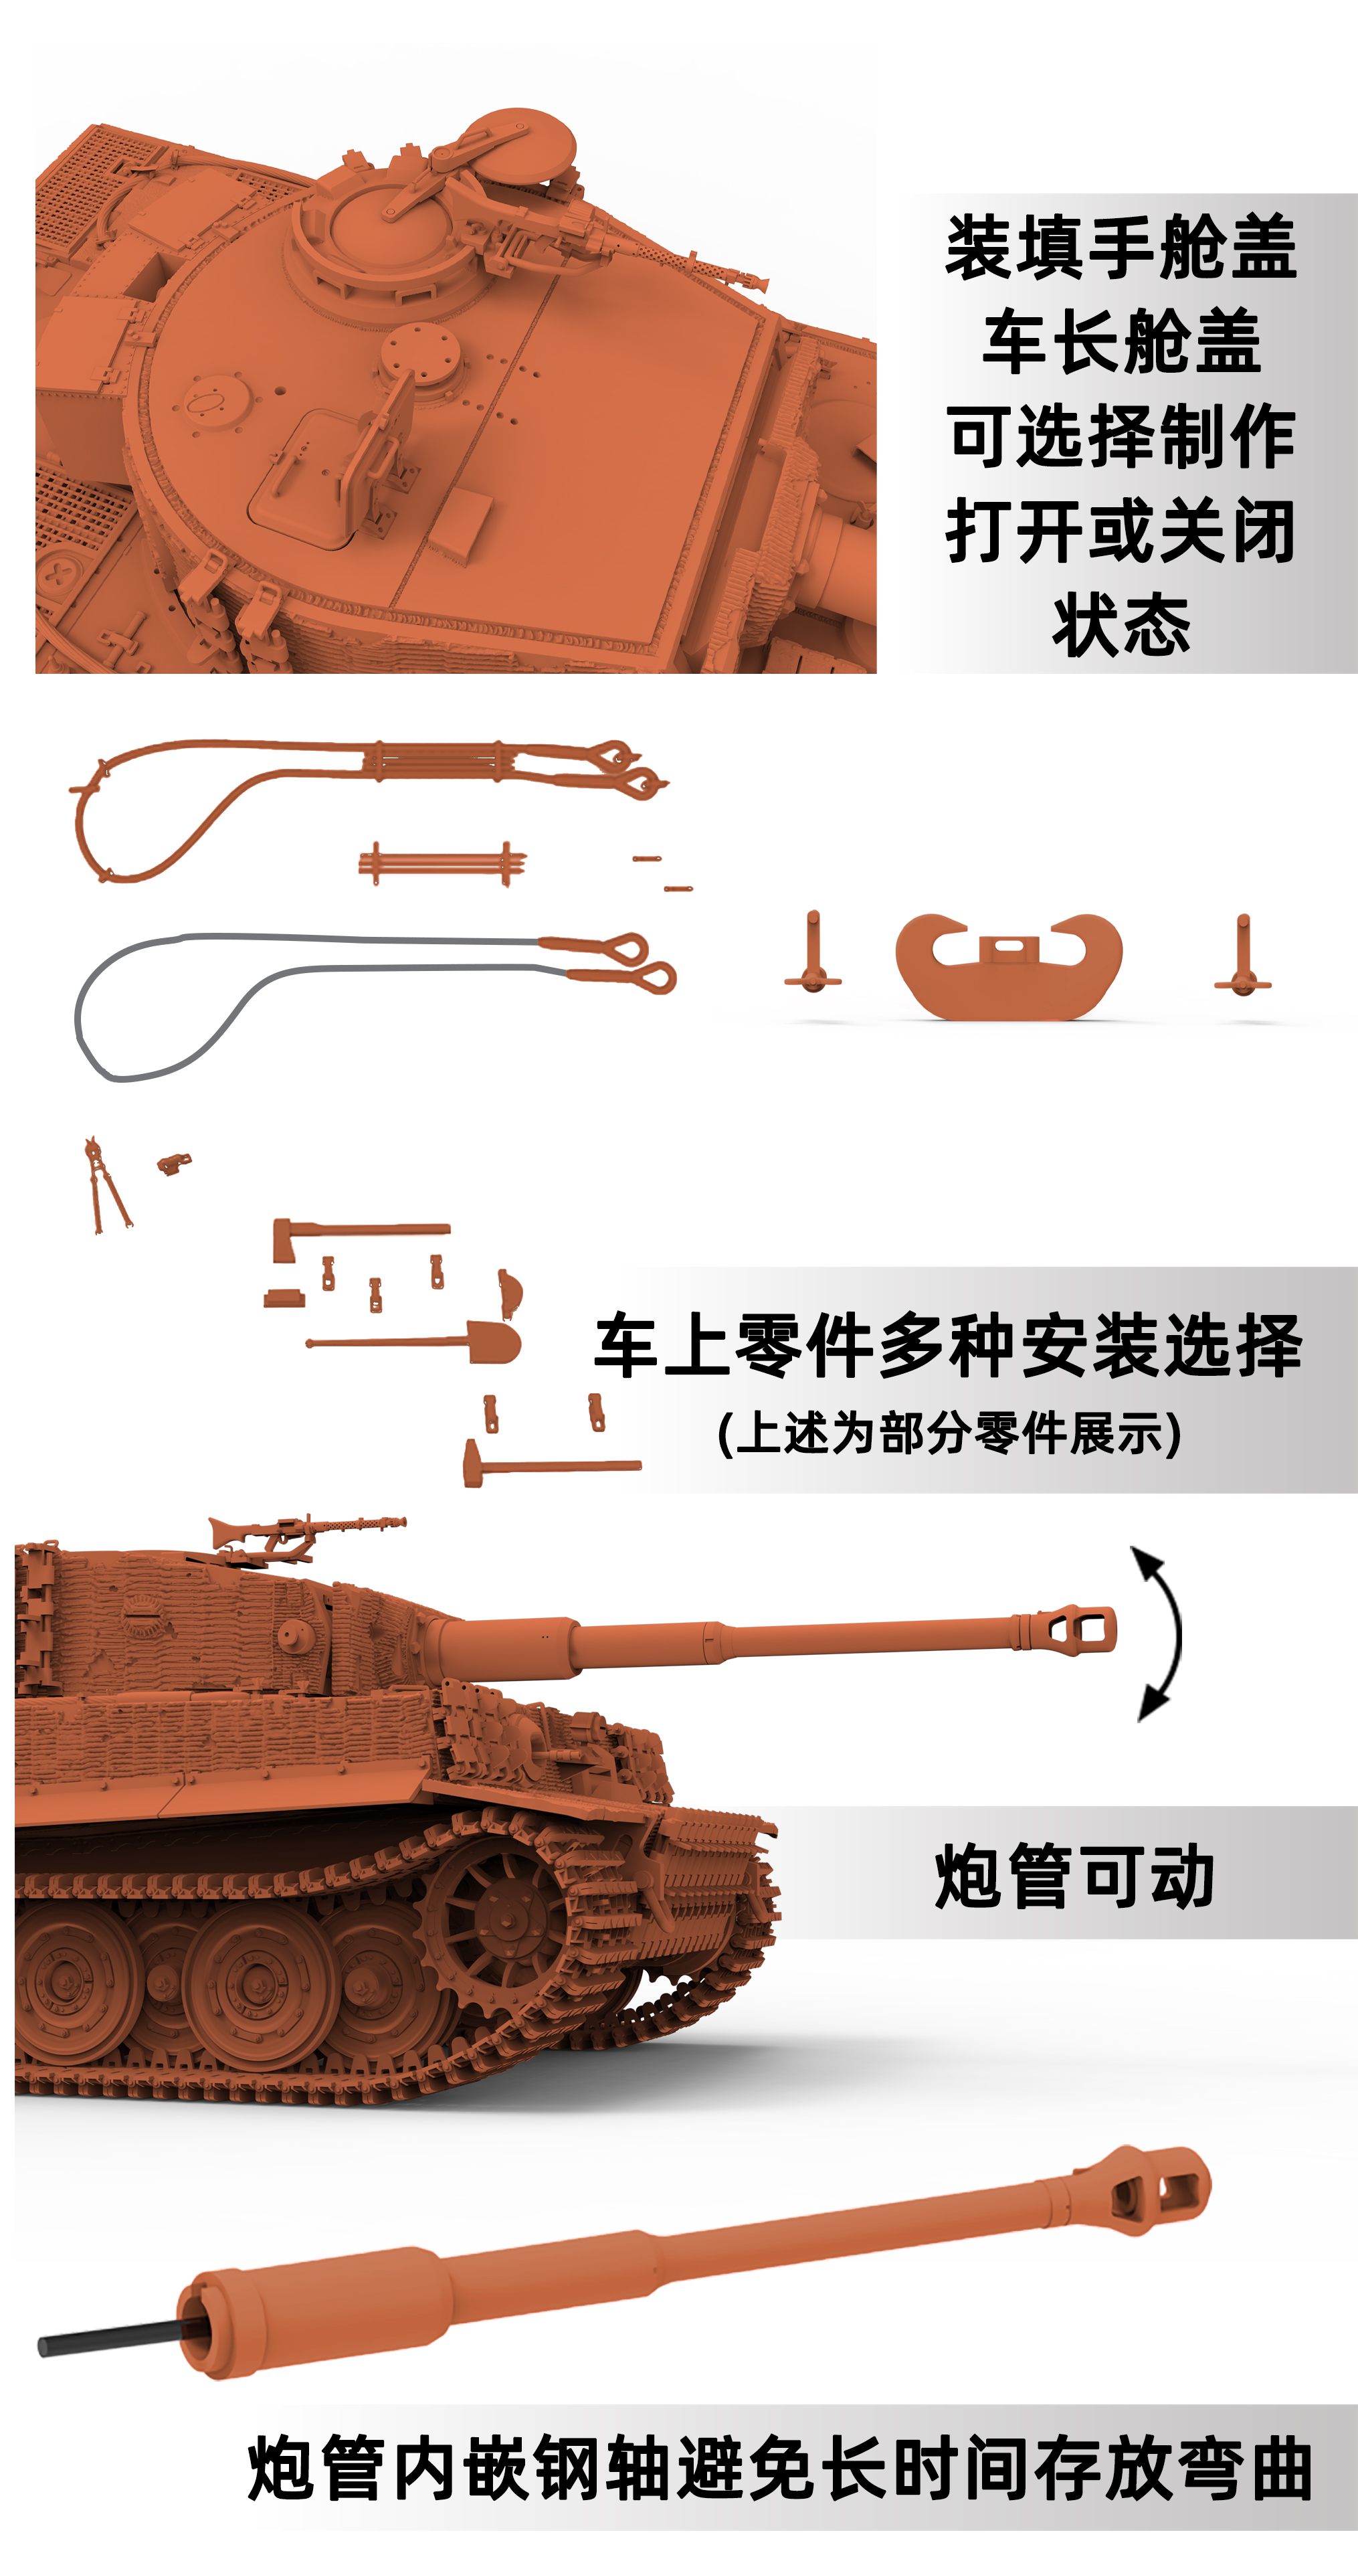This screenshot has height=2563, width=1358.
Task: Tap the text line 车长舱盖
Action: [x=1121, y=342]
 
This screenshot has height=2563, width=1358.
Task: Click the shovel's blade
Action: [x=494, y=1342]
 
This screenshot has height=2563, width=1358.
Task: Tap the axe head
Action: [x=284, y=1239]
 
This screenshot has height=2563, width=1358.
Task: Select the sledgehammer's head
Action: [x=474, y=1464]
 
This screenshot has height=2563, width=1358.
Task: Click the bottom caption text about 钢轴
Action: [x=780, y=2467]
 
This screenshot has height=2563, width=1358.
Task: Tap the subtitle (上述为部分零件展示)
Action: [x=949, y=1433]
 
